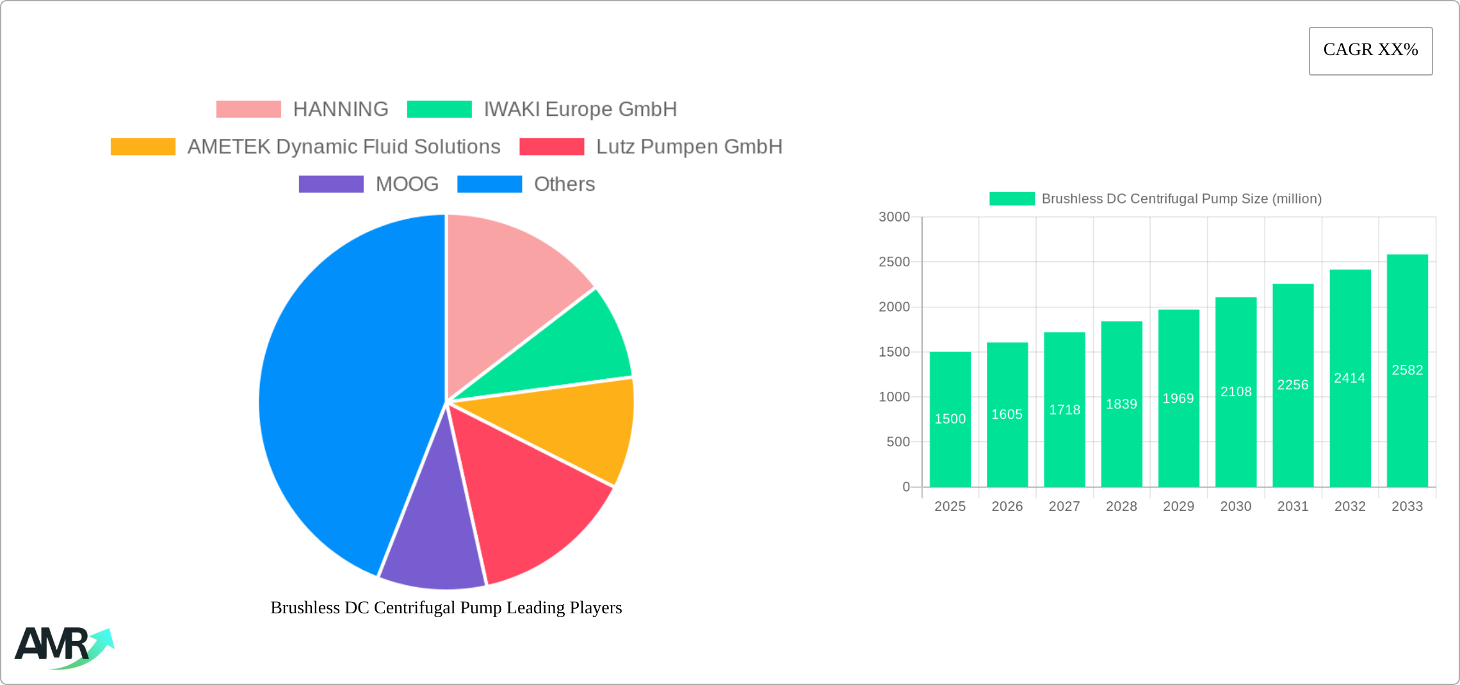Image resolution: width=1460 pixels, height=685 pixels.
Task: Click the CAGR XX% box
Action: [x=1370, y=51]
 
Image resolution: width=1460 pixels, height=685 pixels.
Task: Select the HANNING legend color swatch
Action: [x=248, y=109]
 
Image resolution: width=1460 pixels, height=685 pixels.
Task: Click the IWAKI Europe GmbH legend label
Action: [x=580, y=109]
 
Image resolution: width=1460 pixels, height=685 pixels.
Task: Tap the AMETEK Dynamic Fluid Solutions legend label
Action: [x=344, y=147]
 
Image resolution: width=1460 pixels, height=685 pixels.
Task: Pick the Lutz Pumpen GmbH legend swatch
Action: [x=551, y=147]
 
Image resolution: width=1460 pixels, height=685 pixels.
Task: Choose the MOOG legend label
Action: [x=407, y=184]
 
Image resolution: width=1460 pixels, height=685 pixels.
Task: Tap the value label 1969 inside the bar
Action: [x=1178, y=398]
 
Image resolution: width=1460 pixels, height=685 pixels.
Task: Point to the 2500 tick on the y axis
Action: [x=894, y=262]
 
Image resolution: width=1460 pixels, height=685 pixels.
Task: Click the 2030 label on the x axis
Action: [x=1235, y=506]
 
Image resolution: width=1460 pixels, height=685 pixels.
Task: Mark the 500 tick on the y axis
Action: [x=898, y=442]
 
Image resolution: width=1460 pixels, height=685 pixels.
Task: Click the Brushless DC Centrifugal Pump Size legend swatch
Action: [x=1012, y=199]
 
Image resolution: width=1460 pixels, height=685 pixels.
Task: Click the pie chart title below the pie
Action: [x=446, y=608]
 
